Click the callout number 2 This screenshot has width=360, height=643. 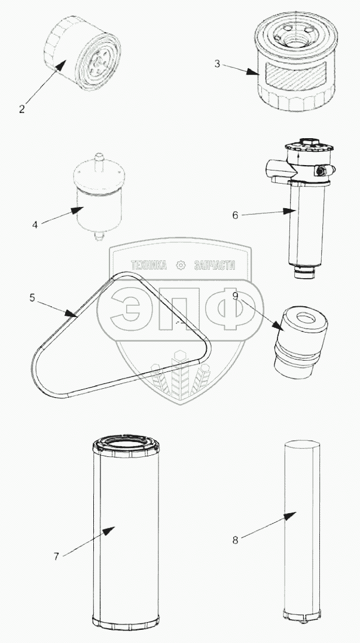pyautogui.click(x=22, y=109)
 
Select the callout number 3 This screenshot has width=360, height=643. pyautogui.click(x=217, y=63)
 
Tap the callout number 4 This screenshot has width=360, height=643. pyautogui.click(x=35, y=225)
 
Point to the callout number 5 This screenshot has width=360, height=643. pyautogui.click(x=32, y=298)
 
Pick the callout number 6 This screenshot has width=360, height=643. pyautogui.click(x=235, y=215)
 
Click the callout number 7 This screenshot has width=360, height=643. pyautogui.click(x=56, y=556)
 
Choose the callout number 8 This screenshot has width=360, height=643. pyautogui.click(x=235, y=540)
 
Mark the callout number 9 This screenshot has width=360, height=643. pyautogui.click(x=235, y=295)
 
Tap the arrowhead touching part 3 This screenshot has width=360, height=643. pyautogui.click(x=252, y=72)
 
